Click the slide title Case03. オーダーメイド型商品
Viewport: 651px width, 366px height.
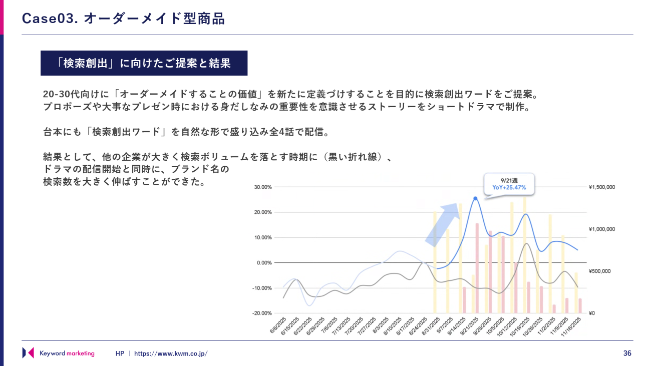click(123, 19)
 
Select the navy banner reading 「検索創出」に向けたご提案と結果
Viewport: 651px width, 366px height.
click(144, 63)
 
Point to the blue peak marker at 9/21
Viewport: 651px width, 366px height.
click(475, 198)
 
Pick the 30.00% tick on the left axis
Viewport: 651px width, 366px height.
click(263, 187)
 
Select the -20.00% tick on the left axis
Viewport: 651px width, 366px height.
click(262, 313)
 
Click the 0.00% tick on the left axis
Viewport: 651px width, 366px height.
click(264, 263)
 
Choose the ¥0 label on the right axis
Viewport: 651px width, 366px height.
click(591, 313)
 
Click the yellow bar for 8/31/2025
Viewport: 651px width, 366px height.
click(435, 262)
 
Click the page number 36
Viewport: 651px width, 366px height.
click(627, 353)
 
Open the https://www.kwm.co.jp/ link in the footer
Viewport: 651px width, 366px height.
click(170, 353)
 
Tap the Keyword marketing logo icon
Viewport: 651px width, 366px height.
click(28, 353)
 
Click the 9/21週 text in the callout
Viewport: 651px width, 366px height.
click(509, 180)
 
